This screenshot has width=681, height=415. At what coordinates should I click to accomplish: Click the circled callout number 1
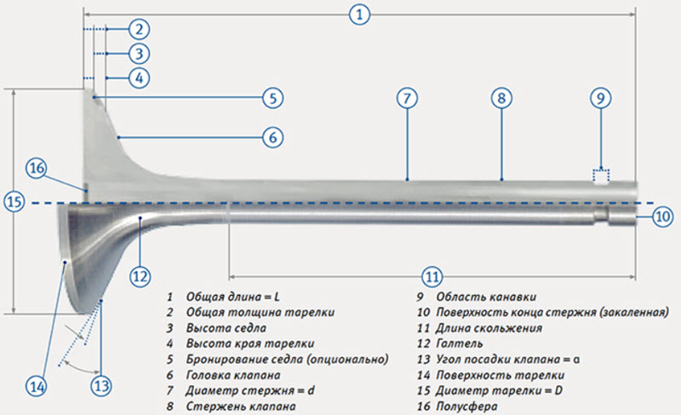coord(360,14)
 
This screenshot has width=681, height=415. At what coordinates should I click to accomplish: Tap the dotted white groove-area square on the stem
coord(602,177)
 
